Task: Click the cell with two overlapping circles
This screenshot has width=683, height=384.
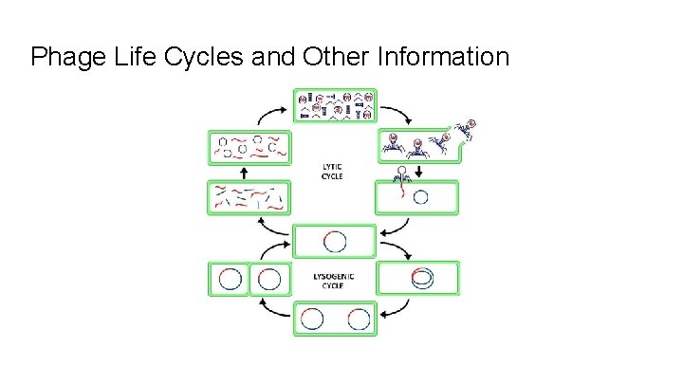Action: pyautogui.click(x=418, y=279)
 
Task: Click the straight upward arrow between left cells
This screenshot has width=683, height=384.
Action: pyautogui.click(x=245, y=173)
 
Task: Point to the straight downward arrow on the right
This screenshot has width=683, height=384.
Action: pyautogui.click(x=419, y=170)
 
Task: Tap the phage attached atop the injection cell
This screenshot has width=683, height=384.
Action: pyautogui.click(x=403, y=175)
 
